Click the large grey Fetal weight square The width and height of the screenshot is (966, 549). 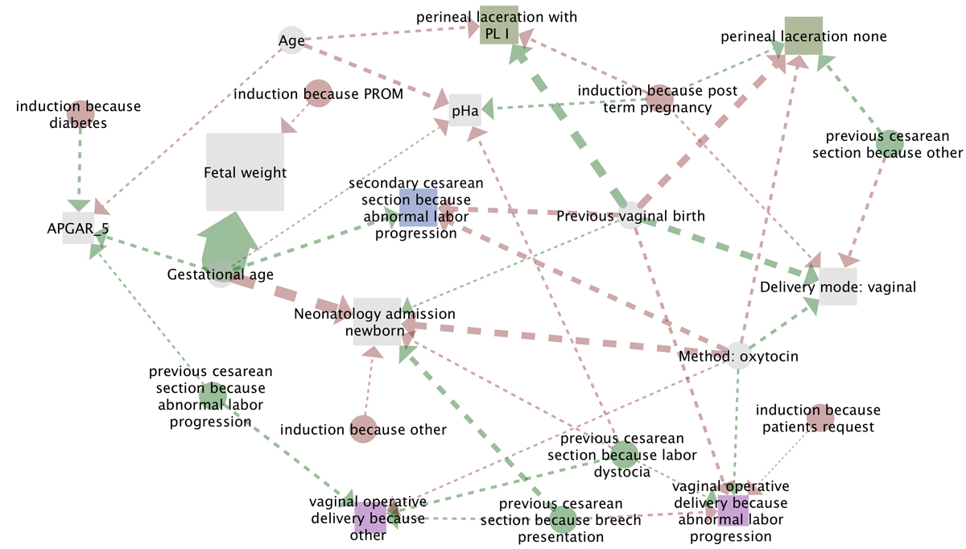(245, 172)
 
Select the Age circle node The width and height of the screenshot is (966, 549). (291, 40)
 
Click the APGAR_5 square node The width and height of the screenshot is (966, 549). (78, 228)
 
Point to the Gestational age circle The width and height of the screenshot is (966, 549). (220, 274)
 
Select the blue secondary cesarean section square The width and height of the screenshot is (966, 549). (418, 208)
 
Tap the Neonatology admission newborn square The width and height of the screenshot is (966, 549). (377, 320)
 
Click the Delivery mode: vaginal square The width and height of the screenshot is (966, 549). (837, 287)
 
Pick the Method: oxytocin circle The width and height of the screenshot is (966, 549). (738, 356)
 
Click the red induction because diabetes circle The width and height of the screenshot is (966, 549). (80, 114)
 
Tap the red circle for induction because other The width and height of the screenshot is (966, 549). (362, 428)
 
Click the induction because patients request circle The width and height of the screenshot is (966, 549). (819, 418)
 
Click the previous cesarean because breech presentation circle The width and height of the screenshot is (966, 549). (563, 520)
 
